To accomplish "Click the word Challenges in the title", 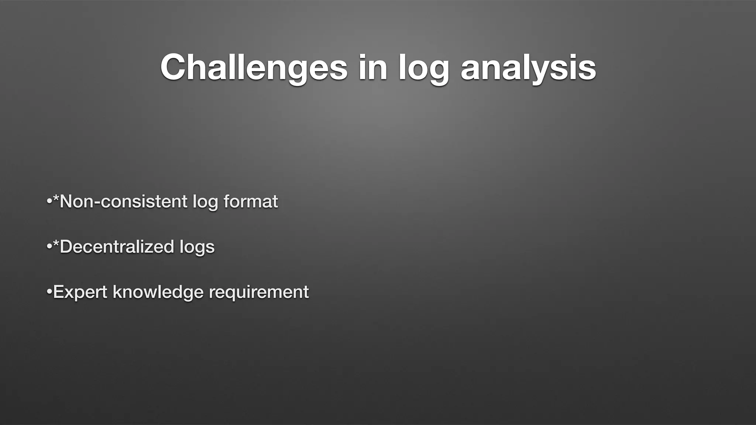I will tap(254, 68).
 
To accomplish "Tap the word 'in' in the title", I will tap(373, 68).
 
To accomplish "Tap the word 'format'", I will tap(251, 202).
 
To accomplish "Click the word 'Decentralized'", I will tap(117, 247).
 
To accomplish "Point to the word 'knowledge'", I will tap(158, 292).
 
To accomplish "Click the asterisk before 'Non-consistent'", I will tap(56, 198).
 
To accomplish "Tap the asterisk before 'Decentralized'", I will tap(56, 243).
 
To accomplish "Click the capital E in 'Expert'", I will tap(59, 292).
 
